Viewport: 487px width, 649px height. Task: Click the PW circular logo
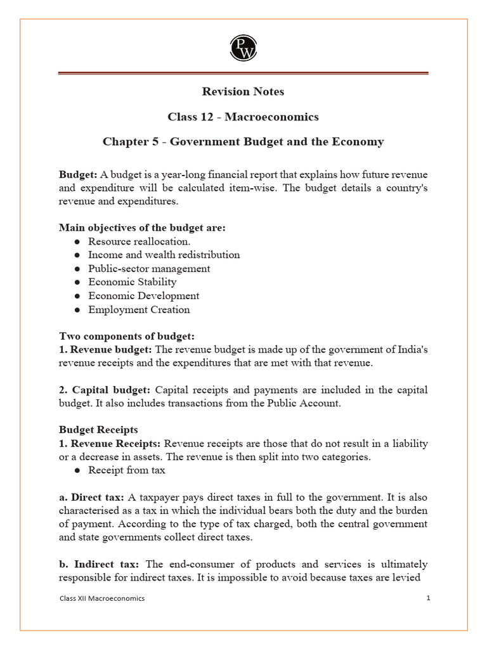click(243, 48)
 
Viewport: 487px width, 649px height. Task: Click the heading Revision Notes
click(243, 92)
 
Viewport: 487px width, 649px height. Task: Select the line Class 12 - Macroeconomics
click(243, 117)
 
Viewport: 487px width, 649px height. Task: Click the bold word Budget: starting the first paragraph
click(78, 174)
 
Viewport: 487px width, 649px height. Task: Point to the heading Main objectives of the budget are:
click(142, 228)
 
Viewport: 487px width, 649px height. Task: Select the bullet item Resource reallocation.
click(139, 241)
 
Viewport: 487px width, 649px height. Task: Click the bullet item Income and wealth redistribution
click(164, 255)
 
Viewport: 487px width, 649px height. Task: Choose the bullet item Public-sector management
click(149, 269)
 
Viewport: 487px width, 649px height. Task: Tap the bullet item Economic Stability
click(132, 282)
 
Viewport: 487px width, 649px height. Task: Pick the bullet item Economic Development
click(143, 296)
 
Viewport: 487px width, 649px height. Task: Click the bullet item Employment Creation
click(139, 310)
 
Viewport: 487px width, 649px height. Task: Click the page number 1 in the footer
click(428, 598)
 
